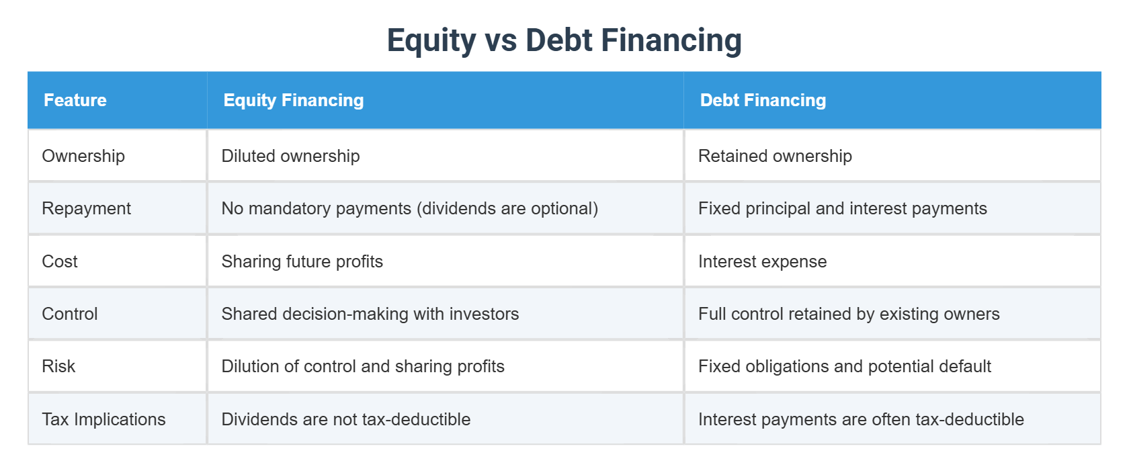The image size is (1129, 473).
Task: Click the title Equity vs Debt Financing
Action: point(564,40)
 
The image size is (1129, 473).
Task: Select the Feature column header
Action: point(75,100)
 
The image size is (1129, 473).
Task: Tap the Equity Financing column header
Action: point(294,100)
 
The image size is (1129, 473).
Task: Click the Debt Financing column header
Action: point(763,100)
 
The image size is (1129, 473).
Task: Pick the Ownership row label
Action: point(83,156)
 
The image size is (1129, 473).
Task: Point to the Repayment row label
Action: point(86,208)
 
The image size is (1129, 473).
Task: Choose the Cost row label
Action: point(60,261)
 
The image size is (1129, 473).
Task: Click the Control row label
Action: point(70,314)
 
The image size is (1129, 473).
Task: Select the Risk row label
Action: point(58,366)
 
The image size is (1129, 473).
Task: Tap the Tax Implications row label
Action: point(103,419)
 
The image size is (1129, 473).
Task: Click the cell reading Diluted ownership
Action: point(290,156)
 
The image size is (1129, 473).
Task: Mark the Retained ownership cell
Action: point(775,156)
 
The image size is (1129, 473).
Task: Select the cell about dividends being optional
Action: point(409,208)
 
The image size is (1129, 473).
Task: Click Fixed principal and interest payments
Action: point(842,208)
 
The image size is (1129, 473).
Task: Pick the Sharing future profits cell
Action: point(302,261)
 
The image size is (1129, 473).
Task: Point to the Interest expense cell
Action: point(762,261)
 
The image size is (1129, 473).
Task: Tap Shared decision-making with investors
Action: point(370,314)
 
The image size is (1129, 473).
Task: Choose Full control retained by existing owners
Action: point(849,314)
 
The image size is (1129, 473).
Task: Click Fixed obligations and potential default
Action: point(844,366)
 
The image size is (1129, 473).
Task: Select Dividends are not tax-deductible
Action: point(345,419)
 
